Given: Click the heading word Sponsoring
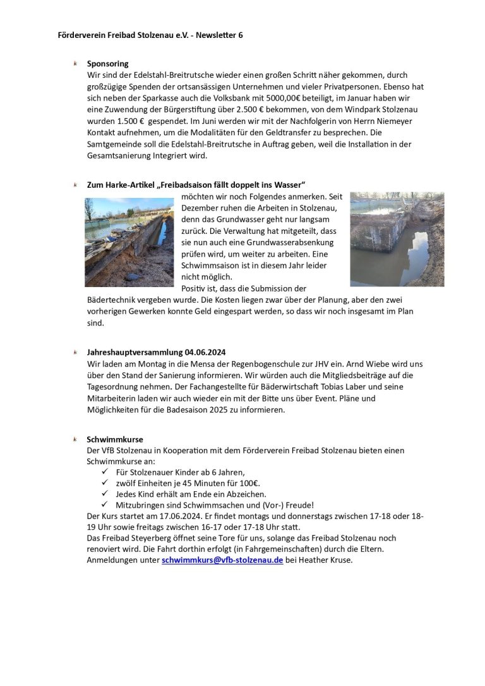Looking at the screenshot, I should [107, 64].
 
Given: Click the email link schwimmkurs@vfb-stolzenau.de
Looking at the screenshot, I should [222, 560].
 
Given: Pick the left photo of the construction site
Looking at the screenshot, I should [129, 242].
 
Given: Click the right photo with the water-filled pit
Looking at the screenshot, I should [397, 239].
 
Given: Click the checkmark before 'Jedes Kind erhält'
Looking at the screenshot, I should [105, 494].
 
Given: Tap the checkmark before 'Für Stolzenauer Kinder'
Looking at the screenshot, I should [105, 472].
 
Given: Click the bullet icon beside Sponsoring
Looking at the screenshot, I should [76, 63].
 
